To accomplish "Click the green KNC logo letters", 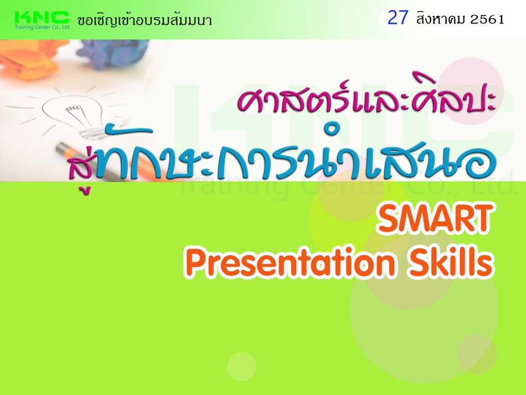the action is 42,17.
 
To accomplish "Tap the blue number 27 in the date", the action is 398,18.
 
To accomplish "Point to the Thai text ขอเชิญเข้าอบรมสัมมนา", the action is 145,20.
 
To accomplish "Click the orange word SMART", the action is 435,219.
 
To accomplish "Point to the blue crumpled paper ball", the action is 112,52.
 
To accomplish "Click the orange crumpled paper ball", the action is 30,59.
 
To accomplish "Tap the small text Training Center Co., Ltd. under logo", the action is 42,27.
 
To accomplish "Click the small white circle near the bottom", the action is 241,366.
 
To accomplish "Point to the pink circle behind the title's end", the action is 471,91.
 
